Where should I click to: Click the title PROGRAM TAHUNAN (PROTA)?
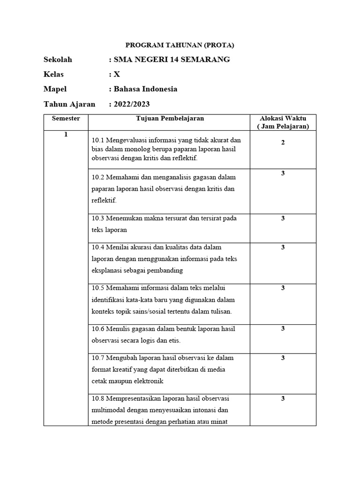(x=180, y=45)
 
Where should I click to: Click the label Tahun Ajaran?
(x=69, y=104)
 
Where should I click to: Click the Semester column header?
(x=66, y=119)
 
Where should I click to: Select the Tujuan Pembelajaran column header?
(x=170, y=119)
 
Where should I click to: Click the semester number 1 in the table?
(x=66, y=135)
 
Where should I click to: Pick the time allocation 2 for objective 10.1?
(x=283, y=142)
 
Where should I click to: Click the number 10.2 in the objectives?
(x=98, y=178)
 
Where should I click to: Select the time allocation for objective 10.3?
(x=283, y=218)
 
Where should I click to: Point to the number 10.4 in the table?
(x=98, y=247)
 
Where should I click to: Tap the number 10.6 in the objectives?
(x=98, y=329)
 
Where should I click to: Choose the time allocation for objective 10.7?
(x=283, y=358)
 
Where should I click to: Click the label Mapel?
(x=55, y=89)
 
